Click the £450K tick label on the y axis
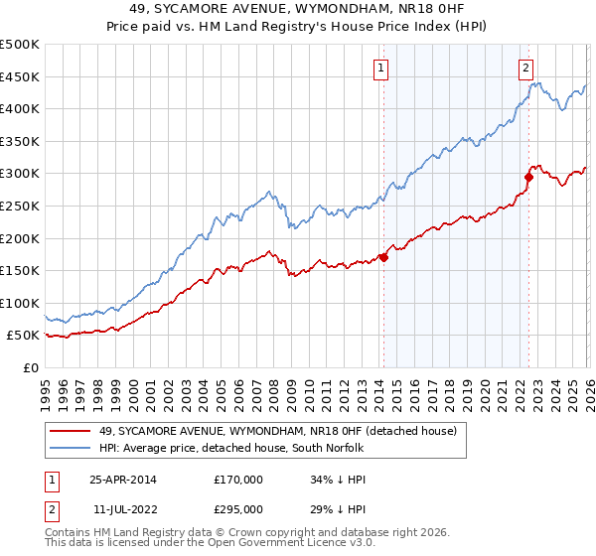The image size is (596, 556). pos(20,76)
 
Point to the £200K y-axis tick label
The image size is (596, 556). pos(20,238)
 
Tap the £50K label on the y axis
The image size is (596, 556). pos(23,336)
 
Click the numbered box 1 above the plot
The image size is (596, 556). pos(382,69)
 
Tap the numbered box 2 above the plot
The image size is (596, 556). pos(525,69)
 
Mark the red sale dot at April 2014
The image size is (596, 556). pos(383,257)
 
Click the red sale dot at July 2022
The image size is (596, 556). pos(528,177)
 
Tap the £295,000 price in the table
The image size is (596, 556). pos(238,508)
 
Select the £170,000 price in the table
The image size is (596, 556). pos(238,479)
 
